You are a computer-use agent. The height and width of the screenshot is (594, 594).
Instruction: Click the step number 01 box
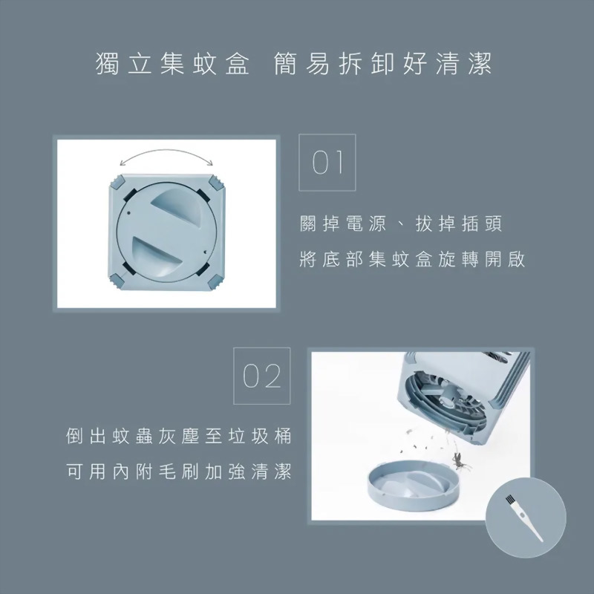click(327, 163)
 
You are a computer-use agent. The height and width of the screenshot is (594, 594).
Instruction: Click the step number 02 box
click(262, 376)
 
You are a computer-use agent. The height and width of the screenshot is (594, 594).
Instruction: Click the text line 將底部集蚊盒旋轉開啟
click(413, 260)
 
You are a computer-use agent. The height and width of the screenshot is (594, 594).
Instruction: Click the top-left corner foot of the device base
click(120, 180)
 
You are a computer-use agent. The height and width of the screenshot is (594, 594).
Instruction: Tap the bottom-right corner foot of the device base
click(216, 281)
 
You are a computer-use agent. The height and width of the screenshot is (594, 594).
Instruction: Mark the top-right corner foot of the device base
click(216, 180)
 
